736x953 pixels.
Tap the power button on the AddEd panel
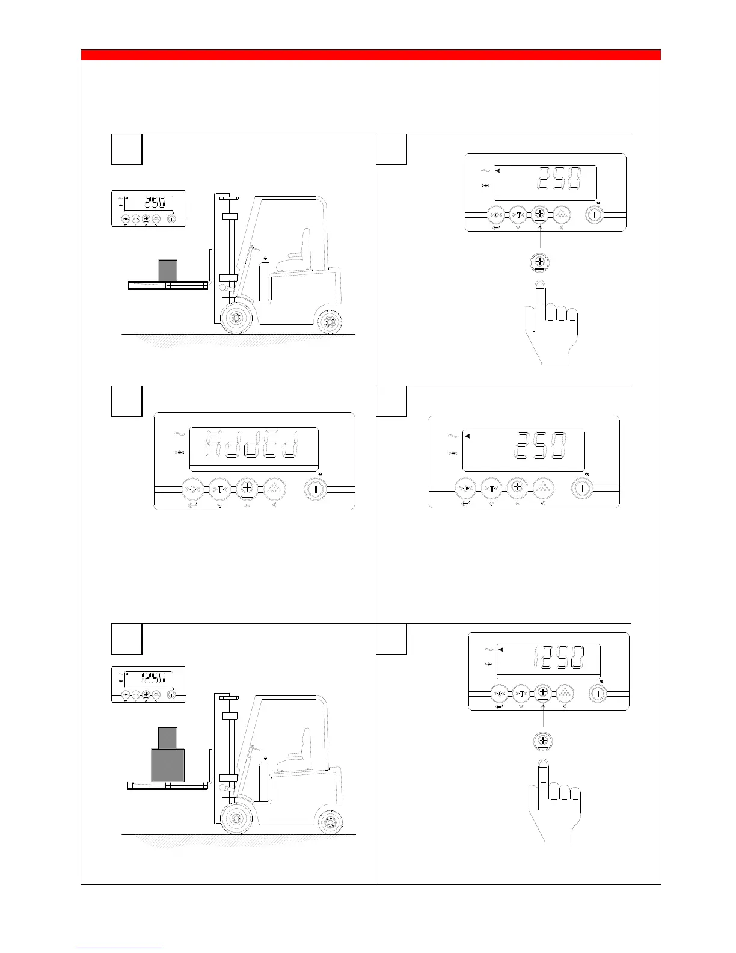point(315,489)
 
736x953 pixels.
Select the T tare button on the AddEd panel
point(220,489)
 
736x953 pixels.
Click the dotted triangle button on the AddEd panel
point(274,489)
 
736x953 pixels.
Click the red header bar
point(371,55)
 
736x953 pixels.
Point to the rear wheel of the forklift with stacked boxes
point(330,822)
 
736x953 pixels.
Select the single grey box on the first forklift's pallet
point(168,270)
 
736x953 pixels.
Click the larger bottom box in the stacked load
point(167,765)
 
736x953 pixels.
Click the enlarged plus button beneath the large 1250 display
point(543,741)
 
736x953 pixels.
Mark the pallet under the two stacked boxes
point(168,785)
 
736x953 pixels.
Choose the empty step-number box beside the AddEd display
point(127,401)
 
